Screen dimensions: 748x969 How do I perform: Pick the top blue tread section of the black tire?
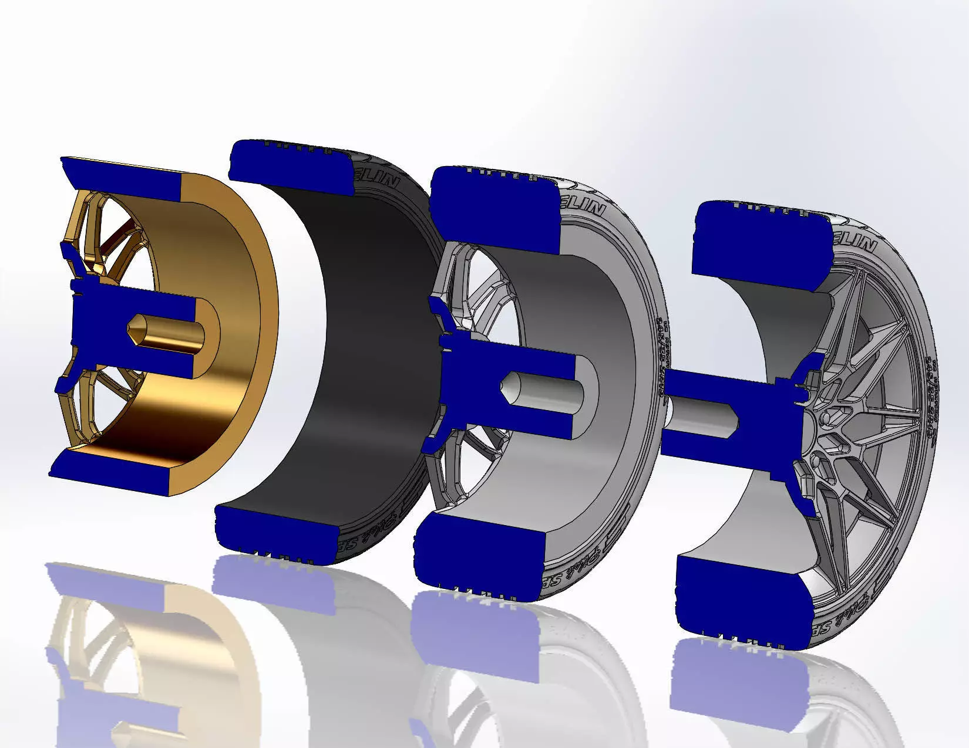pos(288,164)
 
